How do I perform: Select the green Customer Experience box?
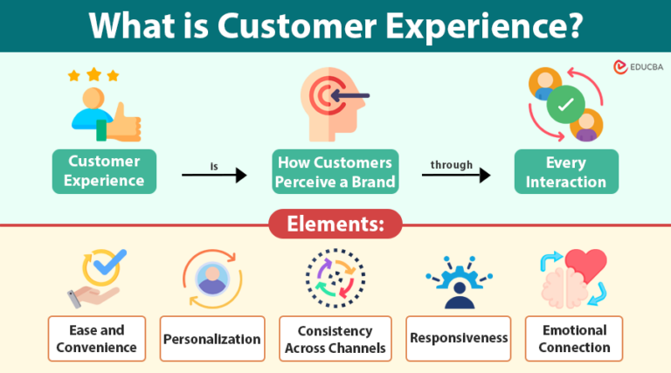coord(105,171)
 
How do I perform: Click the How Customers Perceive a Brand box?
coord(335,171)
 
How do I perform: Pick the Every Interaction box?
coord(565,171)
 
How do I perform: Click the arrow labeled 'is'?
coord(215,176)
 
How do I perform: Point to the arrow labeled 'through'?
coord(456,176)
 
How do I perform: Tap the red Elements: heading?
coord(335,224)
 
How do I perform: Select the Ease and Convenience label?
coord(96,339)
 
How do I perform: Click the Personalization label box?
coord(212,339)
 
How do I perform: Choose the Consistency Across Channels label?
coord(335,339)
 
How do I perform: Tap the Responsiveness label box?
coord(458,339)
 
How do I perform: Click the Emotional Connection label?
coord(574,339)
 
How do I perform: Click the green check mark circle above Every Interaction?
coord(565,105)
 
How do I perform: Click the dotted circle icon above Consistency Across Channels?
coord(335,279)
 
